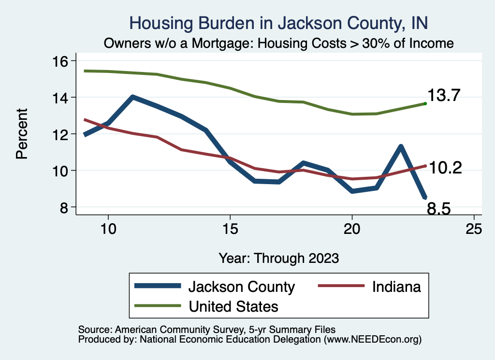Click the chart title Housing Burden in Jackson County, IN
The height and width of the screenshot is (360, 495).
point(279,23)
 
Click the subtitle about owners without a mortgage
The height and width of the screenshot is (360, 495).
point(279,43)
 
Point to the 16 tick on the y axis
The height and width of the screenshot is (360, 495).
point(61,61)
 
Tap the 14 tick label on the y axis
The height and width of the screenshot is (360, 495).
point(61,98)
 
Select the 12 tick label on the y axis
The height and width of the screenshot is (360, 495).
point(61,134)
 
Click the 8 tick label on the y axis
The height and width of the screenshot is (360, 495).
point(65,207)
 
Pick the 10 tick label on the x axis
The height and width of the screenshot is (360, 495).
point(108,229)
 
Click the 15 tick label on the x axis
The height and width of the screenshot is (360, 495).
point(230,229)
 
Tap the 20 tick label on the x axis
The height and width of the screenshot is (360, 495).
point(352,229)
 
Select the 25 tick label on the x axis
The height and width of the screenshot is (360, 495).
point(474,229)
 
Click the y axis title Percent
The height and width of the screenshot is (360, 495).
point(21,134)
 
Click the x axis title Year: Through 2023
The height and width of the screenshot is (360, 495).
point(279,258)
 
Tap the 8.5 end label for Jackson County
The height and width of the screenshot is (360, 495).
point(439,209)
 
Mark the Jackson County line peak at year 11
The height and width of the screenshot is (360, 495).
point(132,97)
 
